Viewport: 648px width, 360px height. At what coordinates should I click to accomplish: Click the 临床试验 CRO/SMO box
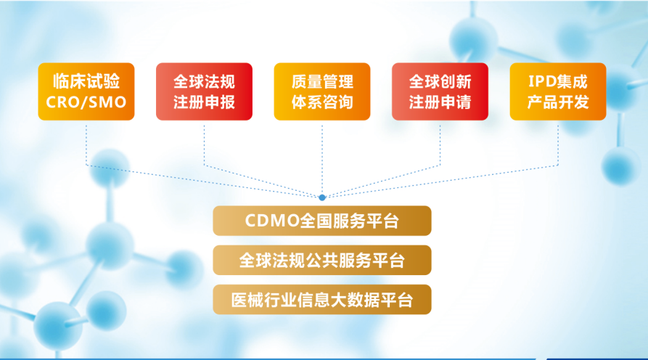click(86, 91)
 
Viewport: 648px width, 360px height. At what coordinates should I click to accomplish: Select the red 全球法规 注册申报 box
click(204, 91)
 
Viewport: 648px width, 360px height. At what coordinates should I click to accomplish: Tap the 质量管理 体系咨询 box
click(321, 91)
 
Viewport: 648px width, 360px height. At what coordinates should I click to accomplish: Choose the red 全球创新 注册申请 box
click(440, 91)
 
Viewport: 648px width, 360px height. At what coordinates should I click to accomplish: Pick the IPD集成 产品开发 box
click(557, 91)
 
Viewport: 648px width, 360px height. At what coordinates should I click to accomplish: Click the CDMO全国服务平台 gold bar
click(321, 221)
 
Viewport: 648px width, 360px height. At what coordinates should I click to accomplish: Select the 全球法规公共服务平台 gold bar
click(321, 260)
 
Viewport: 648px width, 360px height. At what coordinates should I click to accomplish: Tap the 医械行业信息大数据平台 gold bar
click(321, 299)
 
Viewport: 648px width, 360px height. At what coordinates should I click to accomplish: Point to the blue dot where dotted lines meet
click(322, 197)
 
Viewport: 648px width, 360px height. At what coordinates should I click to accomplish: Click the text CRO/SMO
click(86, 102)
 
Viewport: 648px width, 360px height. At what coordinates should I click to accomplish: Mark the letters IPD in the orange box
click(538, 81)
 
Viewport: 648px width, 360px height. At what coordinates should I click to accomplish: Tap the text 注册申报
click(204, 102)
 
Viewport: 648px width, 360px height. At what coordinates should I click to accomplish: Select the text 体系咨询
click(321, 102)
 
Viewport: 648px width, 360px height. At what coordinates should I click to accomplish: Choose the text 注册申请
click(440, 102)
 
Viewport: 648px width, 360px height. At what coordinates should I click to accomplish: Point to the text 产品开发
click(557, 102)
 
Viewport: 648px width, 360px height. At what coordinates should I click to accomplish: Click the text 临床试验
click(86, 81)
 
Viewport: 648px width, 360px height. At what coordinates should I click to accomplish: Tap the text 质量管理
click(321, 81)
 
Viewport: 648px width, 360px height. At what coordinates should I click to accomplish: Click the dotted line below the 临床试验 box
click(86, 142)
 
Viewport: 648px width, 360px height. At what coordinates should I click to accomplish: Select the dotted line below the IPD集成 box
click(557, 142)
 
